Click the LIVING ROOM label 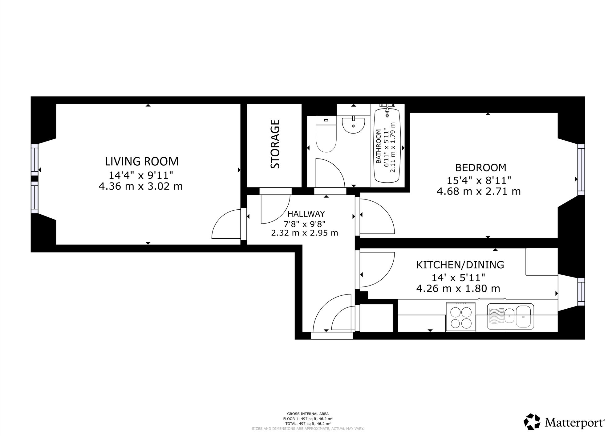[x=142, y=161]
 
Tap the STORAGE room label [x=275, y=144]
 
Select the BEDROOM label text [x=480, y=167]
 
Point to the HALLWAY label [x=306, y=214]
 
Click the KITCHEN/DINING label [x=460, y=265]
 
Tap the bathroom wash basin [x=353, y=125]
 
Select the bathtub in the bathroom [x=387, y=145]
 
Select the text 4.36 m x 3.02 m [x=141, y=187]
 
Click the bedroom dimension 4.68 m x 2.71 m [x=479, y=191]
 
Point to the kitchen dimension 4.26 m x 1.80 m [x=458, y=289]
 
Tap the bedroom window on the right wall [x=581, y=170]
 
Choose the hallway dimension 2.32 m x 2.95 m [x=305, y=233]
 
